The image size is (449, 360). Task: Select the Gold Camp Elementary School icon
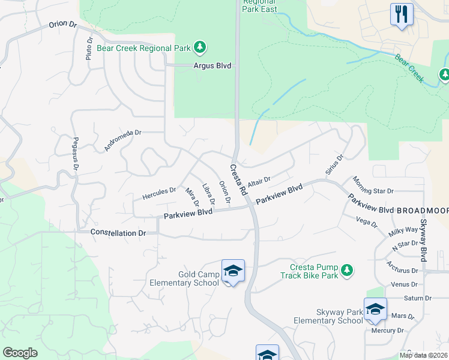(233, 271)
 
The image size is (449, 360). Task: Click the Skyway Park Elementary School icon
(375, 308)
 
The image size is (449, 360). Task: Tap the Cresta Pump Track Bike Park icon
(346, 271)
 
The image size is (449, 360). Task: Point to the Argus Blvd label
(212, 66)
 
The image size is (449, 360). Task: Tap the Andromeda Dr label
(122, 140)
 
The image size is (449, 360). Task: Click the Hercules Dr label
(159, 193)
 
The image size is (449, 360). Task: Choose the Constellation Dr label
(118, 232)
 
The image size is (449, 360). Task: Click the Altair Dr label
(259, 181)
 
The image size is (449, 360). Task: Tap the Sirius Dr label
(334, 165)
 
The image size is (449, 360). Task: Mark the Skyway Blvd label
(423, 240)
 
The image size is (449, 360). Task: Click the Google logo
(20, 353)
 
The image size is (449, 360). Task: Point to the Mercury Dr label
(387, 331)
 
